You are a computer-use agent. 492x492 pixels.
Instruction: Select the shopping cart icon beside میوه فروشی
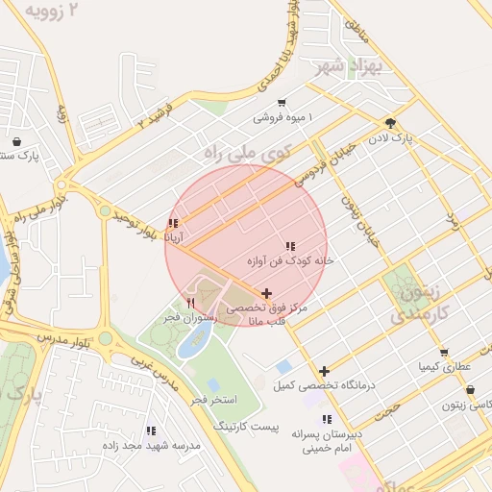(x=281, y=103)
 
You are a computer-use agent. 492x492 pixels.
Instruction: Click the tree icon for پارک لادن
(x=390, y=123)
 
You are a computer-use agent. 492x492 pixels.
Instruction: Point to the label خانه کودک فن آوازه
(x=289, y=259)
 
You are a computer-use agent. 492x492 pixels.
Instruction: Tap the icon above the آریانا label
(x=173, y=224)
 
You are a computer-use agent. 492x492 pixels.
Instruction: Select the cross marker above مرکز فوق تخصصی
(x=266, y=292)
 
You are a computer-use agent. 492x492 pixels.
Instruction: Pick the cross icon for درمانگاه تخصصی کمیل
(x=325, y=371)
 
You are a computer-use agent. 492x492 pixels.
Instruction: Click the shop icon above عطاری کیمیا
(x=443, y=353)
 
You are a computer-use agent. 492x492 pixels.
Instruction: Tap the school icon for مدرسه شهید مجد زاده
(x=150, y=430)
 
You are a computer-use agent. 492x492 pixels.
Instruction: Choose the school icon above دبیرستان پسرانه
(x=328, y=419)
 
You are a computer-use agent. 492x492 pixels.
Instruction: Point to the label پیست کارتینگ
(x=245, y=424)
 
